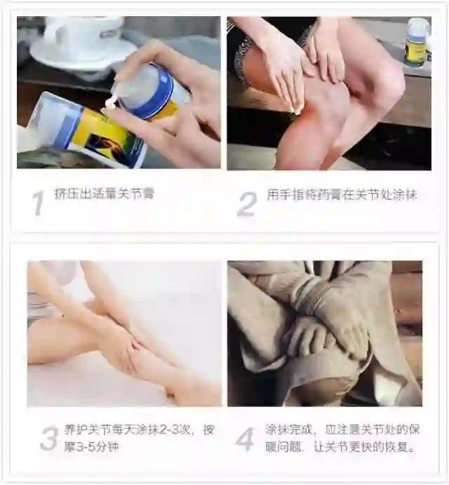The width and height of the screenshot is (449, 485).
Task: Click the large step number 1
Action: point(39,203)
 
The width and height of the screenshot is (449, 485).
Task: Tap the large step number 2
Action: point(248,204)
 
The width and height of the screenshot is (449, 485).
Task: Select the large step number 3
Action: point(49,438)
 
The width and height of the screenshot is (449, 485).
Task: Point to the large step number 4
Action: point(245,439)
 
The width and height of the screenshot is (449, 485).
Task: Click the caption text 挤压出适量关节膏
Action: point(105,194)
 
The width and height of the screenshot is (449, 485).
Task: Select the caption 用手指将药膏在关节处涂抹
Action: point(342,195)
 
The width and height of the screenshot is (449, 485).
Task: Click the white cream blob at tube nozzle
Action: point(110,104)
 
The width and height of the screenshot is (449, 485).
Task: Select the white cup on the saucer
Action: point(83,31)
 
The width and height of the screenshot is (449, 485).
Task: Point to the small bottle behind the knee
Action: point(418,41)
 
